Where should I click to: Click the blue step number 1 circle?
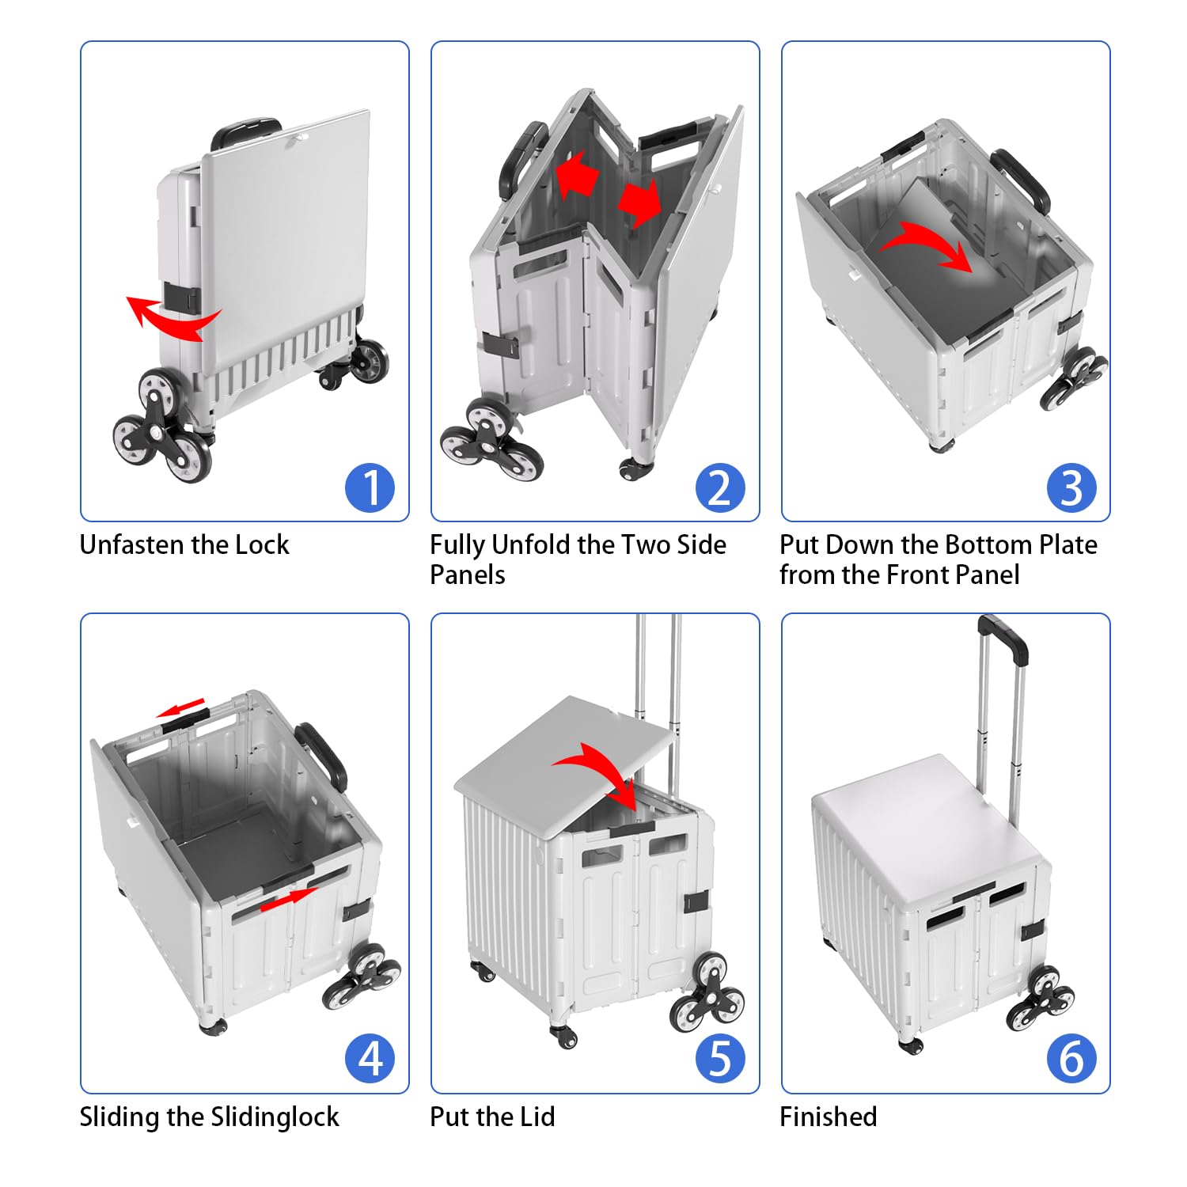point(370,487)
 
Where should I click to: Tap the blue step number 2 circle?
point(720,487)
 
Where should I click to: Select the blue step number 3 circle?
point(1071,487)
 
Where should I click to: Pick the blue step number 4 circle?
point(370,1059)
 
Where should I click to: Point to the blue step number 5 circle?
point(720,1059)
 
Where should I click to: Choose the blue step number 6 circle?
point(1071,1059)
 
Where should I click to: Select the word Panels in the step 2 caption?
point(467,575)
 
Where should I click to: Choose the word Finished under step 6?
point(828,1117)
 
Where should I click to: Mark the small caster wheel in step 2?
point(635,470)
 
